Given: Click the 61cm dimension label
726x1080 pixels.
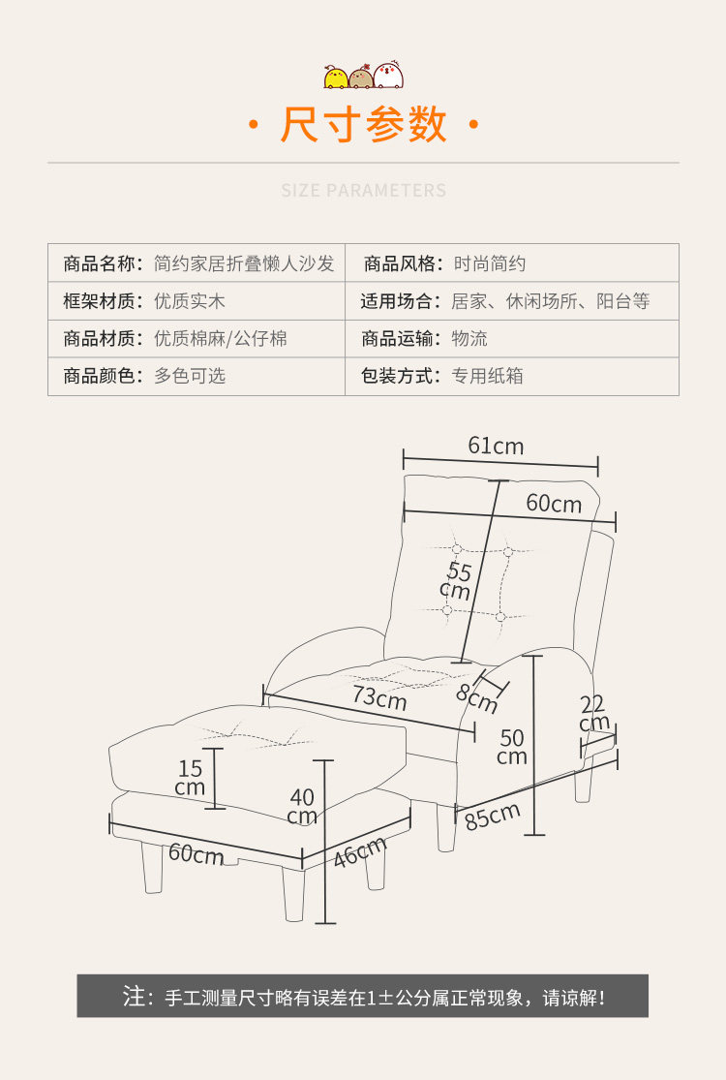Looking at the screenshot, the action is [x=496, y=446].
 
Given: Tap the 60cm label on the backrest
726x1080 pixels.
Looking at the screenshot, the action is [x=554, y=504].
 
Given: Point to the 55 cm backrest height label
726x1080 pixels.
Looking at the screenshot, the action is [x=457, y=580].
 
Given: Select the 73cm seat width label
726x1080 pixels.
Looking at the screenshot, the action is [x=378, y=697].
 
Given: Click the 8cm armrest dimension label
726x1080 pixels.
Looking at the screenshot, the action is [x=476, y=697].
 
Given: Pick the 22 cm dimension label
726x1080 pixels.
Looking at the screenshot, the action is [x=593, y=714].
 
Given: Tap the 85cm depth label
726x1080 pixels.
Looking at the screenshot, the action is [x=493, y=816].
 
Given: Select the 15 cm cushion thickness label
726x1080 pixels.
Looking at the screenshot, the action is [x=190, y=778].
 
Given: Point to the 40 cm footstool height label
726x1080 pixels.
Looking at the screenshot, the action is [x=302, y=806].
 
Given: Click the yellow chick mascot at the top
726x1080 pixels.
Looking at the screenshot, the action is [x=336, y=77].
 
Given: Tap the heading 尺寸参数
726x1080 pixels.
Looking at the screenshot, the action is [x=364, y=126].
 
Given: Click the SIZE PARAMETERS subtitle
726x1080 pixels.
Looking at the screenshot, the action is [x=364, y=190].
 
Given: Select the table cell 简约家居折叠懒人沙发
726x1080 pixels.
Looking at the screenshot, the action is [x=244, y=263].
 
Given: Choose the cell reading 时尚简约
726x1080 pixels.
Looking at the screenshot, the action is [x=490, y=263].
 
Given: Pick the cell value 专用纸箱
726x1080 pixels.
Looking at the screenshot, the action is [x=487, y=376].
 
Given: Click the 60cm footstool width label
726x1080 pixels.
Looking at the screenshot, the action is [x=196, y=854].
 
